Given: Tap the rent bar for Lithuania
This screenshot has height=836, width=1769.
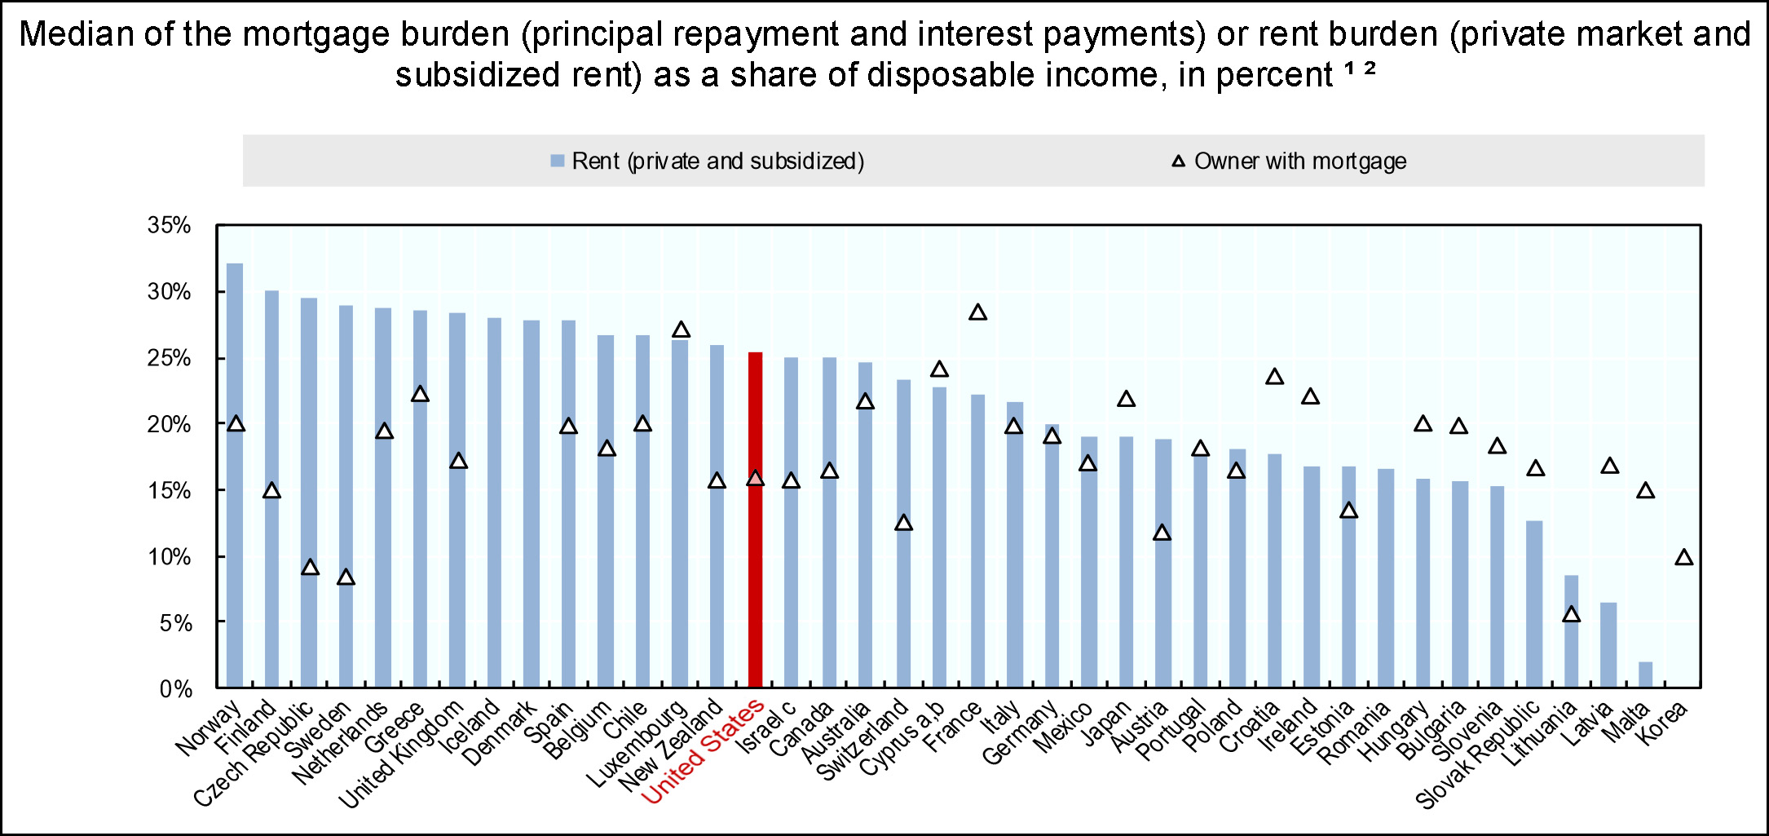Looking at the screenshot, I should click(x=1571, y=631).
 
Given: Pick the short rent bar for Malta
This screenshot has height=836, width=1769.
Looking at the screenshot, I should click(x=1646, y=675).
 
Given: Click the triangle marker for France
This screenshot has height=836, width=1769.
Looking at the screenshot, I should click(x=977, y=312).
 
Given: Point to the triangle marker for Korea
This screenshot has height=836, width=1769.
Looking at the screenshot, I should click(x=1684, y=558).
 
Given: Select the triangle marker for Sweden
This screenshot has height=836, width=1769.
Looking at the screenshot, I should click(x=346, y=577).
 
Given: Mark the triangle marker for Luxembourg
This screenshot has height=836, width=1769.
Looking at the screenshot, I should click(x=681, y=330).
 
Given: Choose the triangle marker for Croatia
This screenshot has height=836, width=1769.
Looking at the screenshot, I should click(x=1275, y=377).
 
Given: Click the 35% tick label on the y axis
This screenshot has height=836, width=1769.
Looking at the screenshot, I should click(x=169, y=225).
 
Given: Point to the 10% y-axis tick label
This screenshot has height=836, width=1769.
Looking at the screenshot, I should click(x=169, y=557).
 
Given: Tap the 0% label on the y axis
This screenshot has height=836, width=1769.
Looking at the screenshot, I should click(x=175, y=690).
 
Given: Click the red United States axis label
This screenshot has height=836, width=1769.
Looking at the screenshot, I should click(x=703, y=752).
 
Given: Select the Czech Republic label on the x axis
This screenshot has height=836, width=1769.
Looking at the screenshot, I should click(x=253, y=755).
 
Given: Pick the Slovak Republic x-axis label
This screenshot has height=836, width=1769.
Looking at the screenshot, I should click(x=1477, y=756).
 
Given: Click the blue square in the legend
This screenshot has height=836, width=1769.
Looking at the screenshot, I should click(x=558, y=161).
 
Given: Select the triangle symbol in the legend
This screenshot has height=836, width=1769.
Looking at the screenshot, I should click(x=1179, y=161).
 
